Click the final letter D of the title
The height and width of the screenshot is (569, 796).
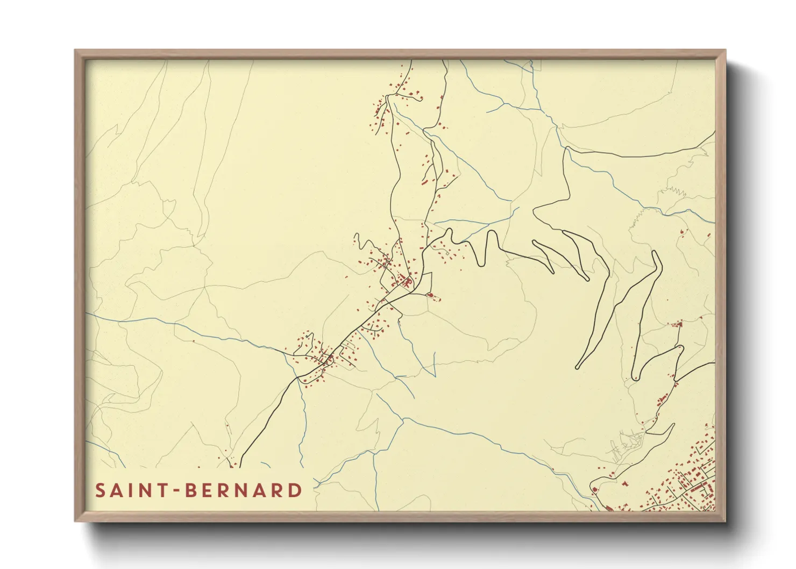tap(295, 490)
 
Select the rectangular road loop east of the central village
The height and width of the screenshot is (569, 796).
tap(425, 282)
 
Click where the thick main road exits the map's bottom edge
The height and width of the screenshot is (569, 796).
tap(239, 466)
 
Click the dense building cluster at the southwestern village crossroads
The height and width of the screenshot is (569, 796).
tap(325, 358)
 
